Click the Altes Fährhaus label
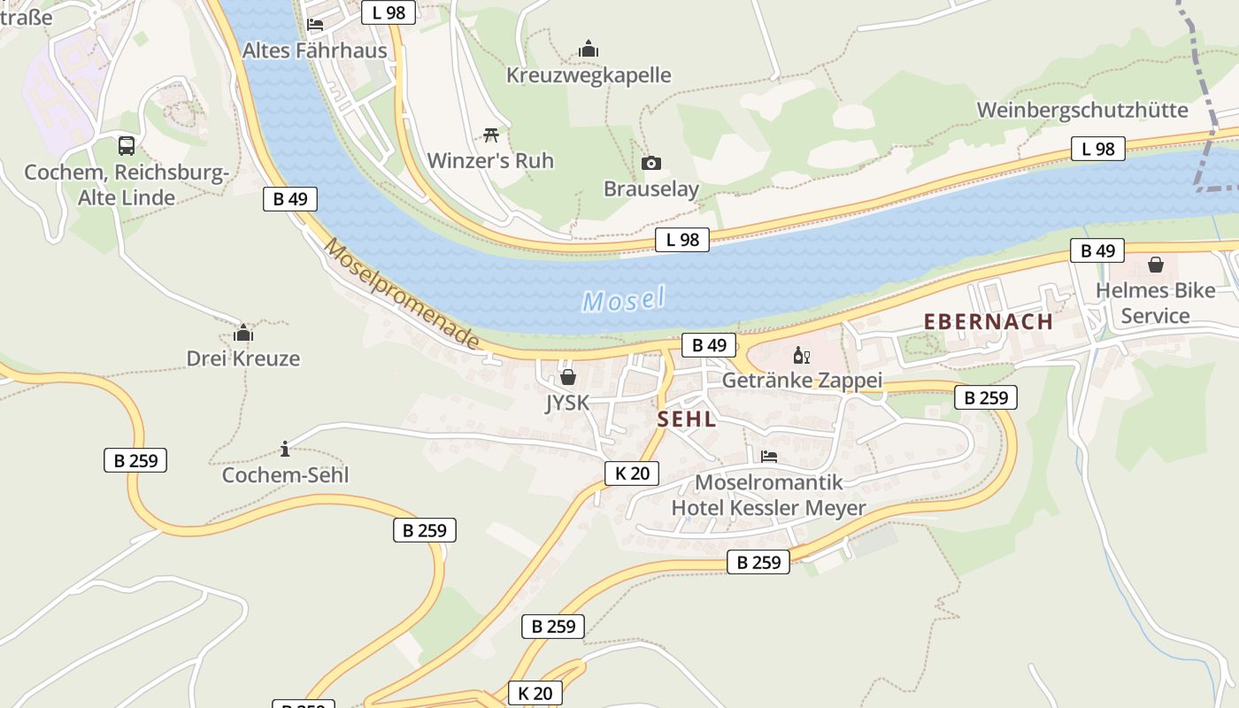click(315, 50)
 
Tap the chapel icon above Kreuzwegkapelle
click(589, 50)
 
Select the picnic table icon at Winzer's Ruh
click(491, 135)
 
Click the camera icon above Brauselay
click(650, 164)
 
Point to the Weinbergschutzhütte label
click(1082, 110)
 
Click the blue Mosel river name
click(623, 299)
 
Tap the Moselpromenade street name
click(403, 294)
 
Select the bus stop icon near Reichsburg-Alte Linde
click(127, 146)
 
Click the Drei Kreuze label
click(242, 358)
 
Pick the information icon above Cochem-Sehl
click(285, 449)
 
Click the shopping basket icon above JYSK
click(567, 377)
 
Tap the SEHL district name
click(687, 419)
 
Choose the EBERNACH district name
click(989, 321)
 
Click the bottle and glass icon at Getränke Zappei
click(801, 356)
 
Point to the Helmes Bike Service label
click(1155, 303)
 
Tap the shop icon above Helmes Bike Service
click(1155, 264)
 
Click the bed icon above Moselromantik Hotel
click(769, 457)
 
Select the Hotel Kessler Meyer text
click(768, 508)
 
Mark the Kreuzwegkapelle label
click(589, 75)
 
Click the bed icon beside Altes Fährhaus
click(315, 25)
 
